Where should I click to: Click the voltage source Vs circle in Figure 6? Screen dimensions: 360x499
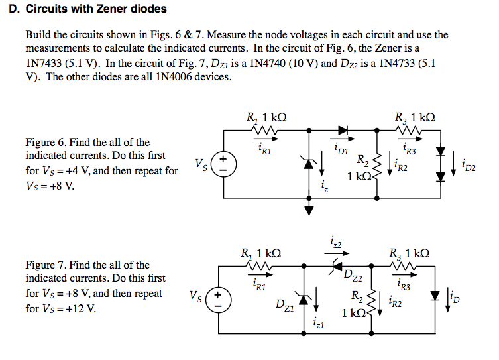coord(224,164)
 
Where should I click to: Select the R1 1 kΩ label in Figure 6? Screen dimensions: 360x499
coord(266,117)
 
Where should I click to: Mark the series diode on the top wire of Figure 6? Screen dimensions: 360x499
coord(343,130)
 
